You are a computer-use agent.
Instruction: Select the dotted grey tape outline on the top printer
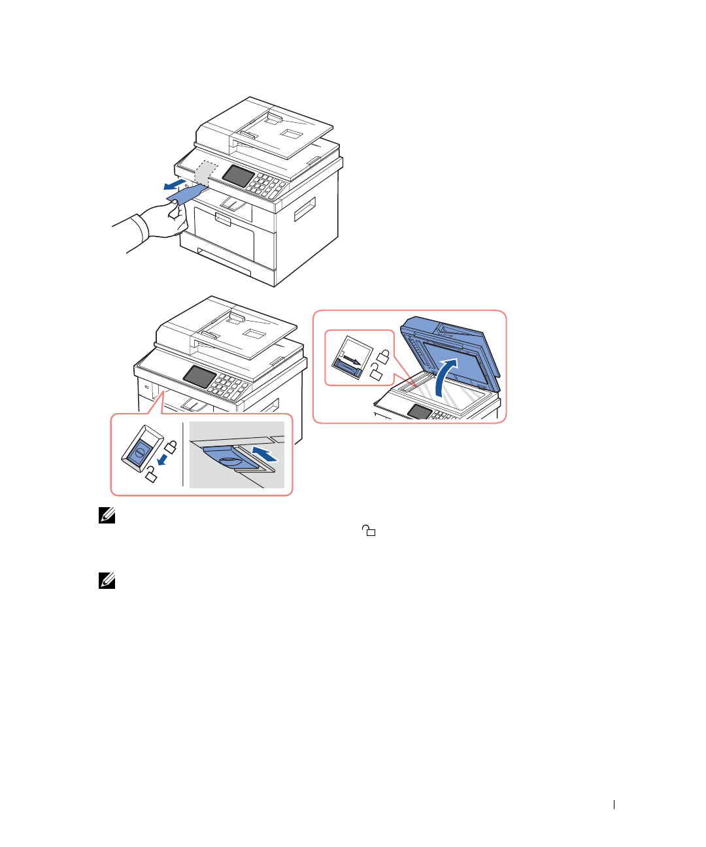point(205,172)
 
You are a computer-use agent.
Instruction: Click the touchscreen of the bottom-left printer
point(199,376)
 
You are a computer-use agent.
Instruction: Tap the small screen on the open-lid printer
point(419,412)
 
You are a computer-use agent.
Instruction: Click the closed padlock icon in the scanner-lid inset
point(384,357)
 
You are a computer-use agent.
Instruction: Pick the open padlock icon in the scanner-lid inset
point(377,373)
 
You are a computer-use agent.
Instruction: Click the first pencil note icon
point(107,516)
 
